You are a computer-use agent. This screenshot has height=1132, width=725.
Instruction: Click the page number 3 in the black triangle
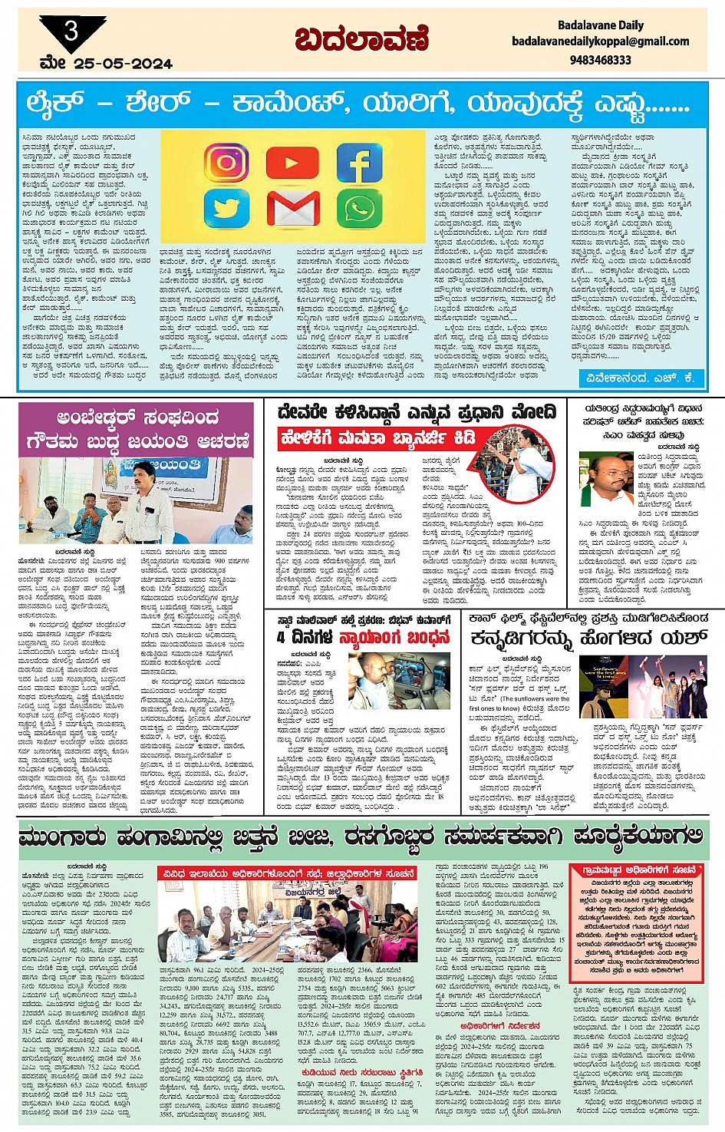click(71, 31)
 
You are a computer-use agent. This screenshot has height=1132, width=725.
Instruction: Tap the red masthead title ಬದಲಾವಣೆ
click(361, 39)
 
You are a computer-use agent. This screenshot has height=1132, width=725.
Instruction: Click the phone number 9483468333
click(600, 59)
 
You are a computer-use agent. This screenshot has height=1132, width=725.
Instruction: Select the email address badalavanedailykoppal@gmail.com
click(600, 41)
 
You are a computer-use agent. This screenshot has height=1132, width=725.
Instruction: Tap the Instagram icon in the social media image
click(226, 162)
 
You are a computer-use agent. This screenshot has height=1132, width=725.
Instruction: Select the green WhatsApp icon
click(359, 209)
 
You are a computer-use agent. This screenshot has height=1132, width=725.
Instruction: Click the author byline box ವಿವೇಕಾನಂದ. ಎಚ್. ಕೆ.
click(641, 377)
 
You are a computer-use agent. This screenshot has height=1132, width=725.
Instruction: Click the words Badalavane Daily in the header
click(601, 25)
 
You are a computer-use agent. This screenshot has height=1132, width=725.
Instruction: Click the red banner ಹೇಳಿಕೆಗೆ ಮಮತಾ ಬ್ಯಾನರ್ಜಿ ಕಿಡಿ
click(378, 439)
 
